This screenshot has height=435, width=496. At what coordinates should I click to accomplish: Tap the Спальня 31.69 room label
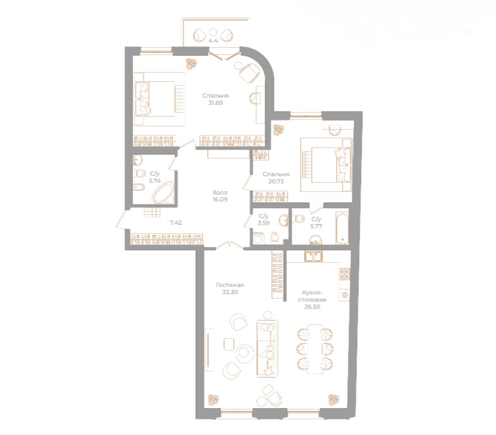216,99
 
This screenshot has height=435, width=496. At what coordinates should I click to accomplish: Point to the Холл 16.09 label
220,197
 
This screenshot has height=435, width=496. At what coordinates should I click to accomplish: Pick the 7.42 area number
176,223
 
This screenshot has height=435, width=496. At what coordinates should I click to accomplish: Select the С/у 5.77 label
316,223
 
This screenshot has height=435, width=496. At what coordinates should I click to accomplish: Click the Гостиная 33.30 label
230,289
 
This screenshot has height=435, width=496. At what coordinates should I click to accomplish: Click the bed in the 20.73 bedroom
321,164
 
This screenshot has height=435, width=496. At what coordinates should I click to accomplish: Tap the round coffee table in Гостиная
244,352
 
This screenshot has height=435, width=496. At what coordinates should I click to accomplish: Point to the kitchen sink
312,255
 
